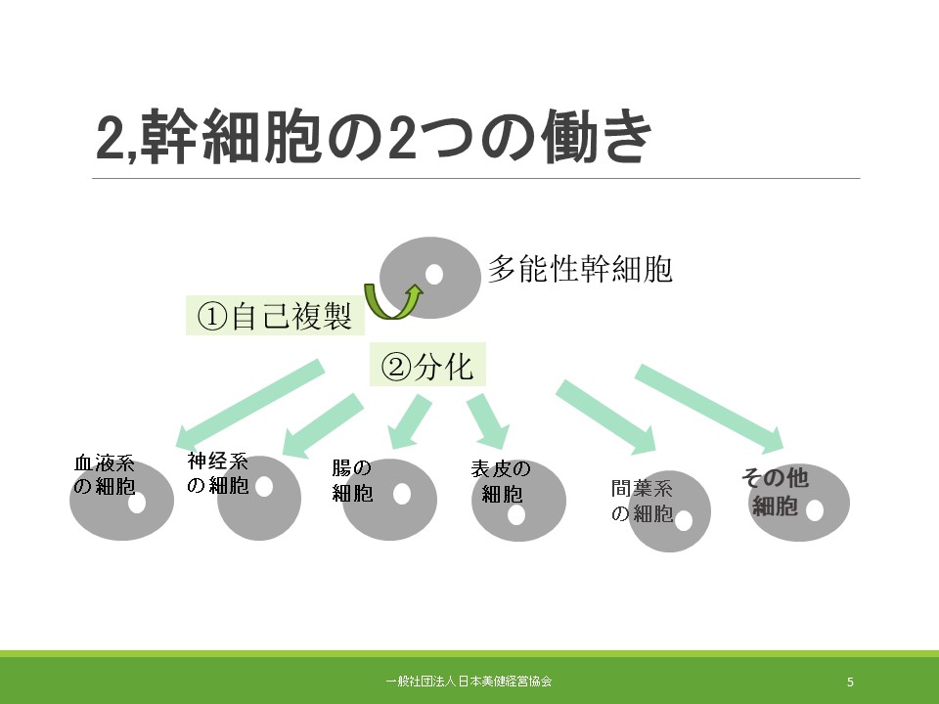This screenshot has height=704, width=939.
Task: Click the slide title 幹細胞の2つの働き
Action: [374, 136]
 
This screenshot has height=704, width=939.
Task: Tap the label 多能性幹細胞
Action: [580, 269]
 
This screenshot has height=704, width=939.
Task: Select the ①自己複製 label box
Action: [275, 316]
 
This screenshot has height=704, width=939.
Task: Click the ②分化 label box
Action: [427, 365]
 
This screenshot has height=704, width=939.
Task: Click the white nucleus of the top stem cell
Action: [433, 274]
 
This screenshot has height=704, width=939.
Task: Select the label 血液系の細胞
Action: [105, 474]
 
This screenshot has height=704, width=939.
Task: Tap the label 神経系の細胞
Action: [217, 473]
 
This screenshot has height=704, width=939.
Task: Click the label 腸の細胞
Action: [352, 480]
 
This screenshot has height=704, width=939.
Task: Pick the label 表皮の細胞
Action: [501, 481]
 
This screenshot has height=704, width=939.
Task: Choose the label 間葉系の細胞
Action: [642, 501]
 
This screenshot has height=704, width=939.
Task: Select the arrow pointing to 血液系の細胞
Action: [248, 404]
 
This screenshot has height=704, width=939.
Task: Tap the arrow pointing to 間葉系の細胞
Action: [607, 417]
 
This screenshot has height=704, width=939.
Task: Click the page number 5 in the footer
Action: [850, 682]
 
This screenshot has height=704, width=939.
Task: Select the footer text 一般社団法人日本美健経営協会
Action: [469, 681]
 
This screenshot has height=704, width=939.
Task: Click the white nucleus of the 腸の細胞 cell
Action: [402, 494]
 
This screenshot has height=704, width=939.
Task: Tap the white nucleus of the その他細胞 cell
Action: [815, 510]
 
